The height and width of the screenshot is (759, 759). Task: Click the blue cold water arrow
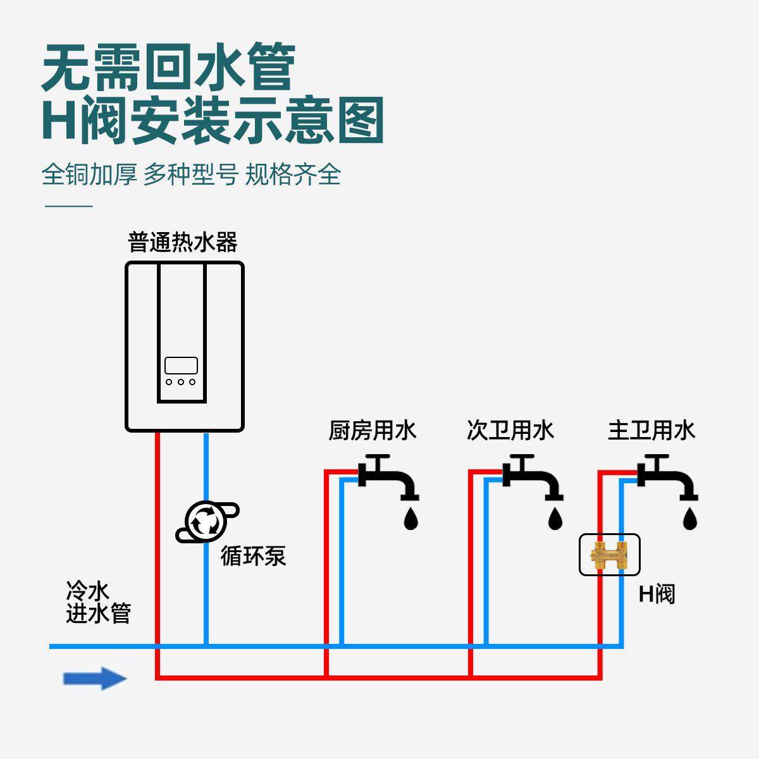coord(94,679)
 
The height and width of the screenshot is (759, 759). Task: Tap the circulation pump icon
coord(206,522)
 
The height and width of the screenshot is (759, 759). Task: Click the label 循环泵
coord(253,555)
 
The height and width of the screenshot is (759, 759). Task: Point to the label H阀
coord(657,594)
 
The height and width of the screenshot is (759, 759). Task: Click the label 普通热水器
coord(183,242)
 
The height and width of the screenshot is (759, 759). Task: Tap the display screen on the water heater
coord(182,366)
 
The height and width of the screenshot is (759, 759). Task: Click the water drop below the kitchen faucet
coord(411,518)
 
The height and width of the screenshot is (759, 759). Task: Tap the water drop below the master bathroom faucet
coord(690,518)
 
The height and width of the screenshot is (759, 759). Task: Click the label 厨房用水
coord(373,431)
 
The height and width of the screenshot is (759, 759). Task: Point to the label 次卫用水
coord(510,431)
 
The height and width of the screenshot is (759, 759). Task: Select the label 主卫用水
coord(651,431)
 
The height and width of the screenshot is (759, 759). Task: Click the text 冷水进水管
coord(98,603)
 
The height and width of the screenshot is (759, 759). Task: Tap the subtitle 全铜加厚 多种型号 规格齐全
coord(191,174)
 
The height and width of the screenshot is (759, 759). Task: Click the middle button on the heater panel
coord(182,381)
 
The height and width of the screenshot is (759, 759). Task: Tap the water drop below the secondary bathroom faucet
coord(555,518)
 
